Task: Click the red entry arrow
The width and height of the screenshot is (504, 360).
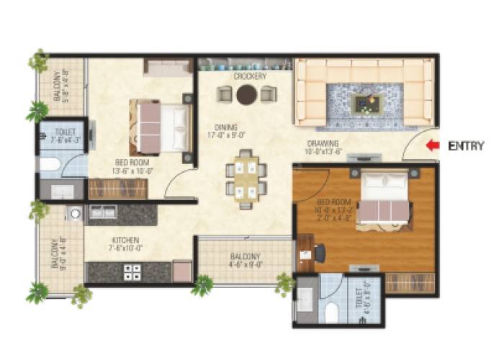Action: click(x=432, y=145)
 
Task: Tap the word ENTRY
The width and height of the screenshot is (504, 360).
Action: click(x=466, y=145)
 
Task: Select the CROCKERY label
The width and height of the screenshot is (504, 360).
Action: click(x=250, y=76)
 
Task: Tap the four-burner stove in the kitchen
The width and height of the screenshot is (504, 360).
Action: click(x=133, y=271)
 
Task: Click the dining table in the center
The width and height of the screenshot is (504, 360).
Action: click(x=246, y=178)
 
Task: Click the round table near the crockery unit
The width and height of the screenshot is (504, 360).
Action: click(x=247, y=94)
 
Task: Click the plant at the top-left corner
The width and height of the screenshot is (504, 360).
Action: click(x=37, y=60)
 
